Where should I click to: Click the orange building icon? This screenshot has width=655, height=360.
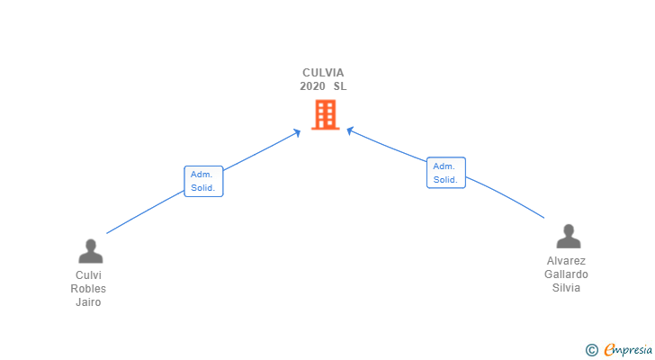pyautogui.click(x=325, y=114)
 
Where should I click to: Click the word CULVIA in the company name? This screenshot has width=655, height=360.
pyautogui.click(x=323, y=73)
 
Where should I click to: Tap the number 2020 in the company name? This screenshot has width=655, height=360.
pyautogui.click(x=312, y=86)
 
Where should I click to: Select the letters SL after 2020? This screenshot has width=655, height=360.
pyautogui.click(x=339, y=86)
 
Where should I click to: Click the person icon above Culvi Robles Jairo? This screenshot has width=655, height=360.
pyautogui.click(x=90, y=250)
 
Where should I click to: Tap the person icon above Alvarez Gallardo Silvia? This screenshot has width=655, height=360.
pyautogui.click(x=568, y=236)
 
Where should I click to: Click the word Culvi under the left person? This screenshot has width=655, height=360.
pyautogui.click(x=88, y=275)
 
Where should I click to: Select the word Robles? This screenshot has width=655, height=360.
pyautogui.click(x=88, y=289)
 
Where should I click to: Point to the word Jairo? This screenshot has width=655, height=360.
pyautogui.click(x=88, y=302)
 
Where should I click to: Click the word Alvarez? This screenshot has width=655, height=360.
pyautogui.click(x=567, y=261)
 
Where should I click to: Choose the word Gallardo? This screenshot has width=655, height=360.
pyautogui.click(x=567, y=274)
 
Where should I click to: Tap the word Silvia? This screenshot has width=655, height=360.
pyautogui.click(x=567, y=288)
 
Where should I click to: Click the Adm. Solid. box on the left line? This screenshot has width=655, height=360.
pyautogui.click(x=203, y=181)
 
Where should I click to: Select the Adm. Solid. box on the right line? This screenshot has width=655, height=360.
pyautogui.click(x=445, y=173)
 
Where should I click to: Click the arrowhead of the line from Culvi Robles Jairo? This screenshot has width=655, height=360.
pyautogui.click(x=298, y=132)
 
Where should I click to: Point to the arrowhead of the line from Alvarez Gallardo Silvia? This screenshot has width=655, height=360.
pyautogui.click(x=350, y=131)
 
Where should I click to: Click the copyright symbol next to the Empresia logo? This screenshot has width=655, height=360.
pyautogui.click(x=591, y=350)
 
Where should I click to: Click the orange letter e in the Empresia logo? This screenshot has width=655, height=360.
pyautogui.click(x=609, y=350)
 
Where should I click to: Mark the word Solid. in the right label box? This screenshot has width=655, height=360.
pyautogui.click(x=445, y=180)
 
